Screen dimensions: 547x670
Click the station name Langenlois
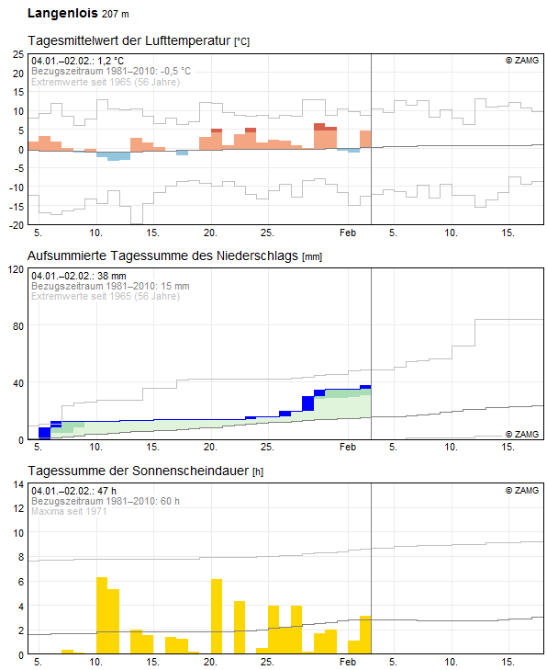click(62, 13)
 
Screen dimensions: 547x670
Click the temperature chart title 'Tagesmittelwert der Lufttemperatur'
click(128, 40)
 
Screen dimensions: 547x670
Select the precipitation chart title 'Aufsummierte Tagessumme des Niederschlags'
click(162, 256)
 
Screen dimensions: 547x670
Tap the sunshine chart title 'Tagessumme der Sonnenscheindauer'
click(139, 471)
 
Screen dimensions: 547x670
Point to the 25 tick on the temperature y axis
click(18, 54)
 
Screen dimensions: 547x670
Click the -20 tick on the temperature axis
click(17, 225)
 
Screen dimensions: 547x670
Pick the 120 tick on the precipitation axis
click(17, 269)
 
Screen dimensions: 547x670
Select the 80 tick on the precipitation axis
click(18, 326)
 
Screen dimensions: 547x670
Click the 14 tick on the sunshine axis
click(18, 484)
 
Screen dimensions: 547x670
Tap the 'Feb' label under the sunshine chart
click(348, 662)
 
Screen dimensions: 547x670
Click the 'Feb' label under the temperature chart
click(348, 233)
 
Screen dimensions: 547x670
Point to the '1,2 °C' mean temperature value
click(110, 61)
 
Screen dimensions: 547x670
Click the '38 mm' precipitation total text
click(112, 276)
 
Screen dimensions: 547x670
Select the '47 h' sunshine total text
click(106, 491)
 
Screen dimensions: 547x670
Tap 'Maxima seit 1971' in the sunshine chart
click(69, 511)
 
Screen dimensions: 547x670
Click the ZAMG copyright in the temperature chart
click(522, 61)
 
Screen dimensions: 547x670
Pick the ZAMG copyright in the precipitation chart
click(522, 434)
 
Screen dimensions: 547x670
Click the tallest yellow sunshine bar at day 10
click(102, 615)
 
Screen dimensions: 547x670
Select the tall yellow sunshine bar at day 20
click(217, 617)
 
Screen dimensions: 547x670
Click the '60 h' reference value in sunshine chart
click(170, 501)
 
